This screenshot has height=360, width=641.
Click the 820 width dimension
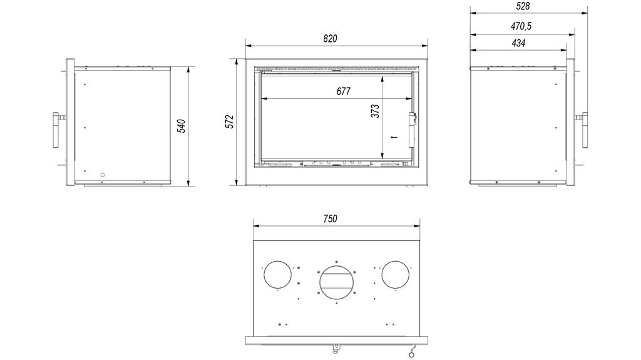coord(331,38)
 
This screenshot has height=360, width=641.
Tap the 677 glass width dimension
coord(344,91)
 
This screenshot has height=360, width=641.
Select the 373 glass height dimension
coord(376,111)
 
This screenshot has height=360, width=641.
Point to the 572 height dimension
coord(230,121)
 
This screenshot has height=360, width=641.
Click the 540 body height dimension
coord(182,126)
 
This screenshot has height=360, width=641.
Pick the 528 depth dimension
coord(523,6)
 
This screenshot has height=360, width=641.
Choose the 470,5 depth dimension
coord(521,26)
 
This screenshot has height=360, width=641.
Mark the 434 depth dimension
coord(518,43)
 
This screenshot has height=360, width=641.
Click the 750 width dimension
coord(331,219)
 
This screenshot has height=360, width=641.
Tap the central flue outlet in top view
coord(336,282)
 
